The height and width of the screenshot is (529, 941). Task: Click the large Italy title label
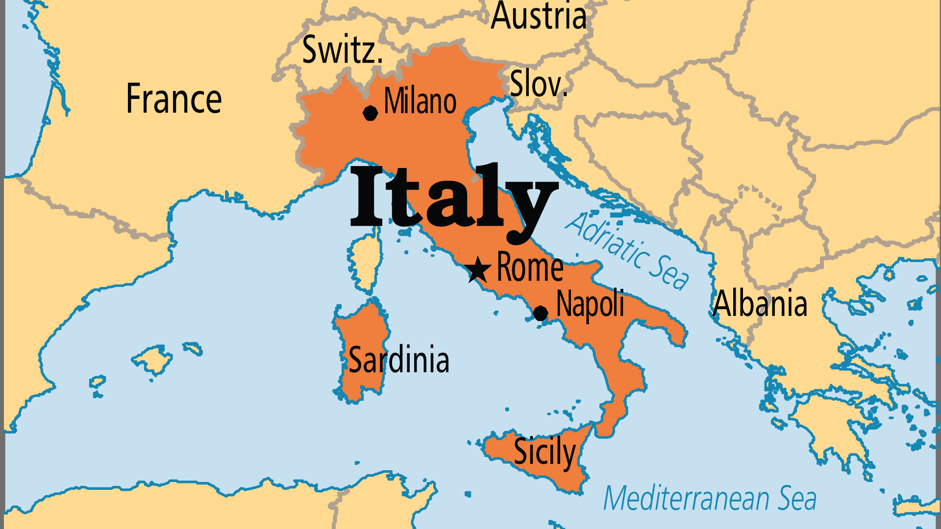click(453, 198)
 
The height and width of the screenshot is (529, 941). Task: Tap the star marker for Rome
click(477, 270)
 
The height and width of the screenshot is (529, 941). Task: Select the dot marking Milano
click(371, 113)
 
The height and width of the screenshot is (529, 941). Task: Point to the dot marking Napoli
click(540, 313)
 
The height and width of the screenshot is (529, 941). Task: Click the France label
click(174, 99)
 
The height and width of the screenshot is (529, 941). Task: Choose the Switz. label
click(342, 50)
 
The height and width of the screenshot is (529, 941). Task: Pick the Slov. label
click(538, 84)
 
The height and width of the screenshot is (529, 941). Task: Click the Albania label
click(760, 304)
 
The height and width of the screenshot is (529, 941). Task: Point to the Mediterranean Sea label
click(710, 499)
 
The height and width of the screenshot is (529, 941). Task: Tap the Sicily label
click(544, 452)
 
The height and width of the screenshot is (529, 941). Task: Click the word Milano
click(420, 101)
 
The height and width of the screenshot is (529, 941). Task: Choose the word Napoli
click(590, 304)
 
